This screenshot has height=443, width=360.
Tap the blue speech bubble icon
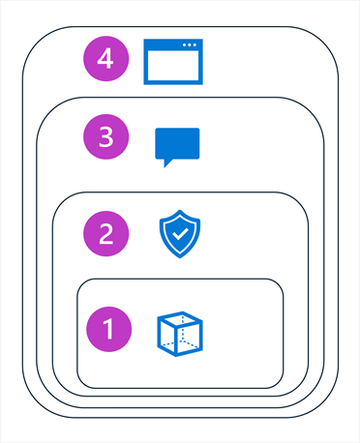177,146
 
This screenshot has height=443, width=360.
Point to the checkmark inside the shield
179,234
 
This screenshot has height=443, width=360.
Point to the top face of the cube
182,317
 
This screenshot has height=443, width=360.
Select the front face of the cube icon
174,339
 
